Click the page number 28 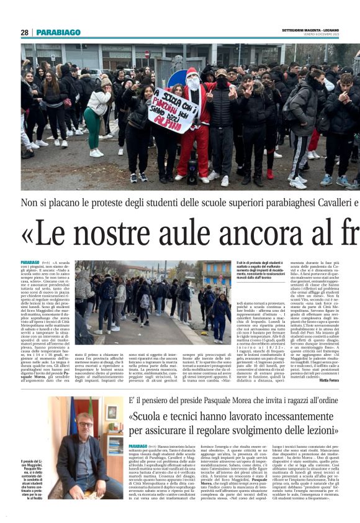coord(24,32)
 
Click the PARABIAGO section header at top coord(58,32)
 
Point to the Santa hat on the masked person coord(192,73)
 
